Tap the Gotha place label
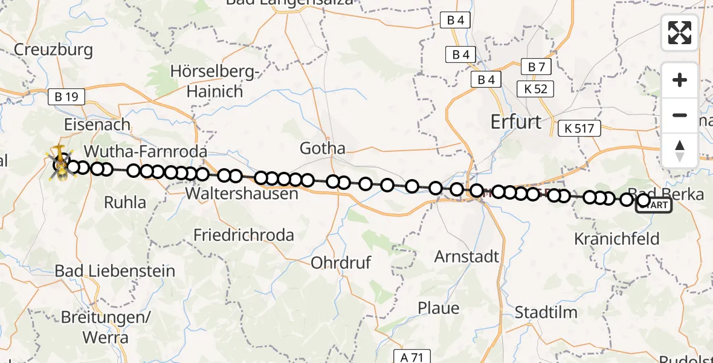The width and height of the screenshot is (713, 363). point(323,148)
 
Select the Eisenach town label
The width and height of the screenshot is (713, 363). point(98,125)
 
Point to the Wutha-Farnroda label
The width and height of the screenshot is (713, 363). point(146,151)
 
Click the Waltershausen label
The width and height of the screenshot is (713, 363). point(242,194)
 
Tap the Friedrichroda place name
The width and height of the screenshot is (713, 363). point(244,235)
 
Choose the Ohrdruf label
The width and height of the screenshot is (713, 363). point(341,263)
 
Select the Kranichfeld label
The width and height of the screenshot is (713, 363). point(616,238)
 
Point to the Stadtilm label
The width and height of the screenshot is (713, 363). point(546,313)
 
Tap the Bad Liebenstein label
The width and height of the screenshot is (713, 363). point(115,271)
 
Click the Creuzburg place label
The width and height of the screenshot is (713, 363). point(53,50)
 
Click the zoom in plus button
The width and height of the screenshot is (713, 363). point(680,80)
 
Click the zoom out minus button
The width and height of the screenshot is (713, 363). point(680,115)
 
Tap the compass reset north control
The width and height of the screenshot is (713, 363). point(680,150)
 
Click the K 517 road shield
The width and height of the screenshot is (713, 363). point(579,128)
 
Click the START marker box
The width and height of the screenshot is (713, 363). point(653,206)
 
